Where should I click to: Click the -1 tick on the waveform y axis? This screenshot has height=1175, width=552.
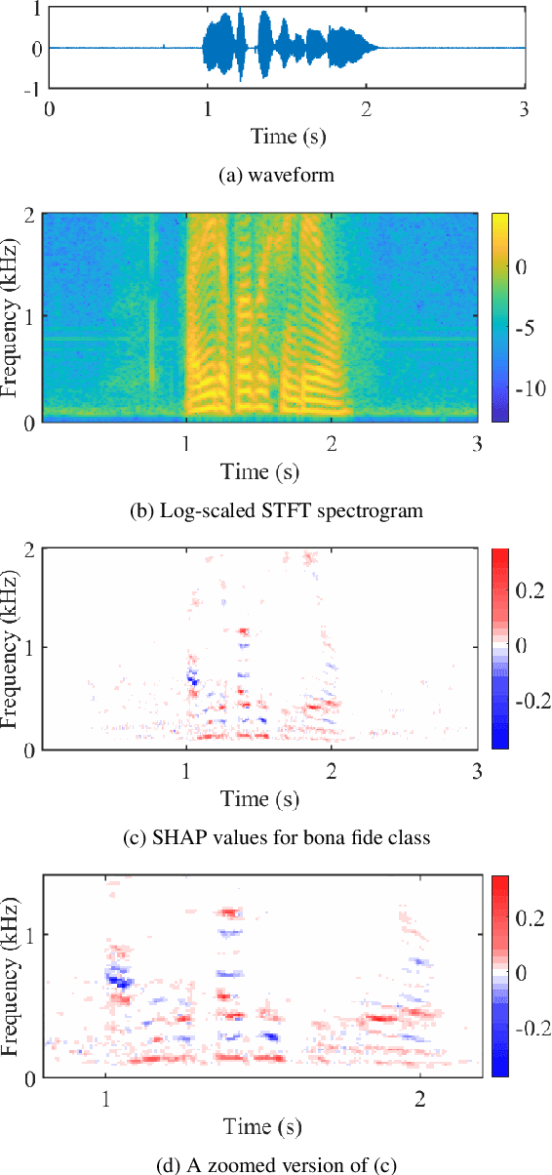tap(32, 88)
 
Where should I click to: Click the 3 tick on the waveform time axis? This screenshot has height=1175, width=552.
tap(524, 108)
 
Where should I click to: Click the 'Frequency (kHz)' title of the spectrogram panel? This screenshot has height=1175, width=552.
tap(13, 317)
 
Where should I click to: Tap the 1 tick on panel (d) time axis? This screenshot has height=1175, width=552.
tap(105, 1099)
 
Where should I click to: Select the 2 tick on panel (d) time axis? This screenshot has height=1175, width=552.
tap(420, 1099)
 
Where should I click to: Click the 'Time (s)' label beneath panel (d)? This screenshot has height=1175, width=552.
tap(262, 1125)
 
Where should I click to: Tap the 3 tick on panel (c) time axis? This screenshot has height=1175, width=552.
tap(475, 771)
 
